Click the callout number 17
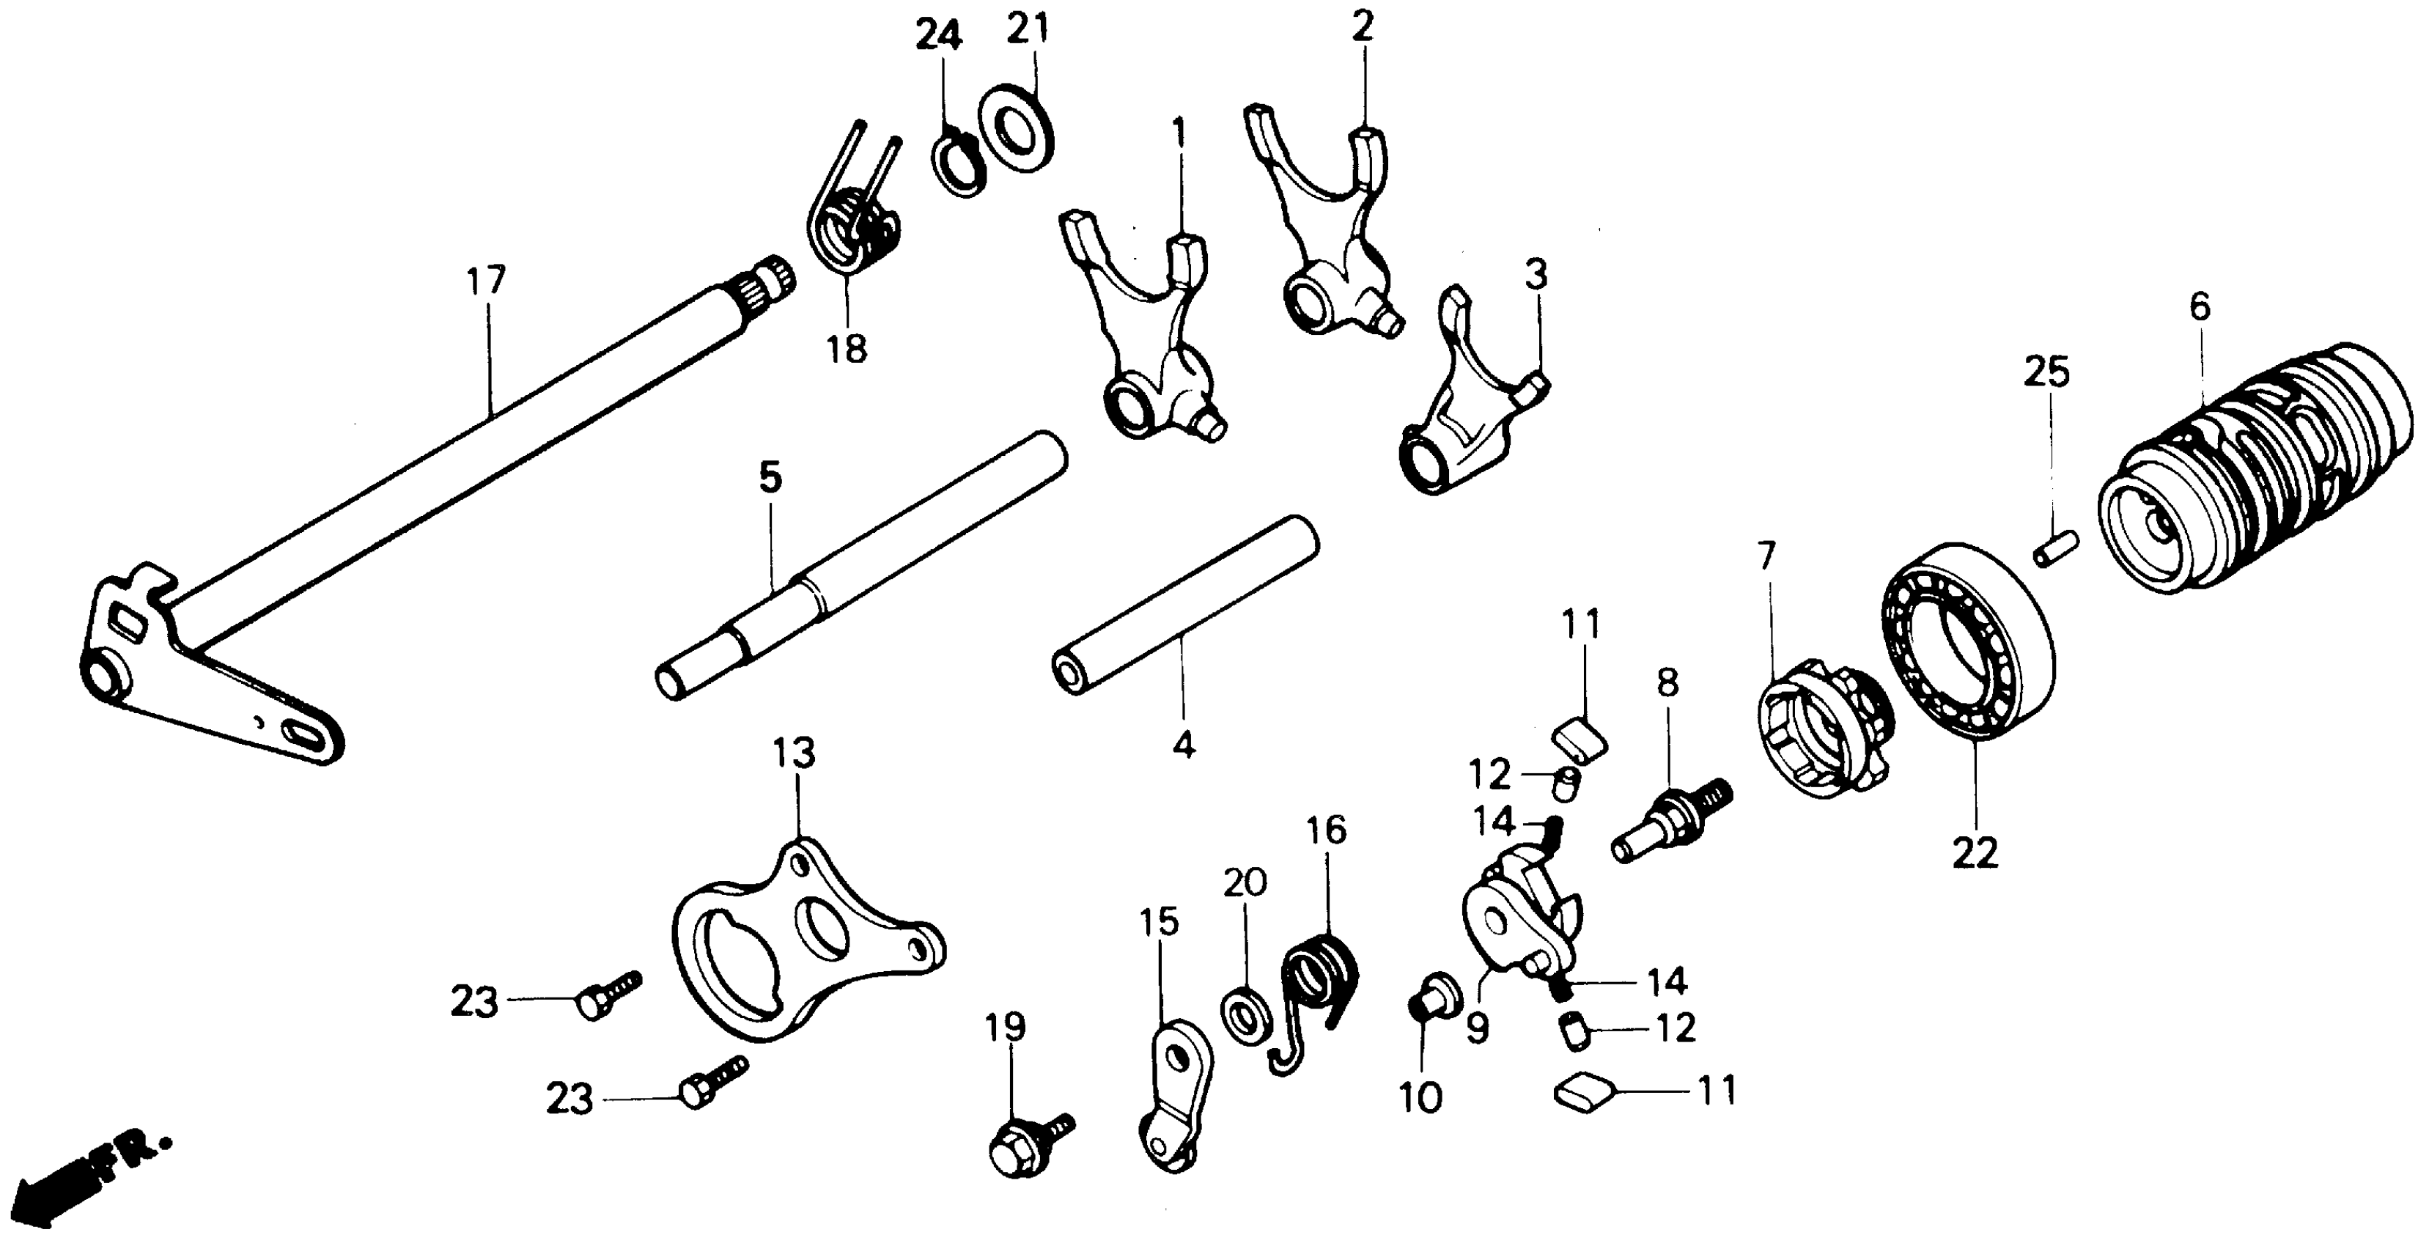[x=487, y=281]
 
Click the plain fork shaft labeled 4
[x=1186, y=618]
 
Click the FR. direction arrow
[x=85, y=1174]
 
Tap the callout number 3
[x=1536, y=276]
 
